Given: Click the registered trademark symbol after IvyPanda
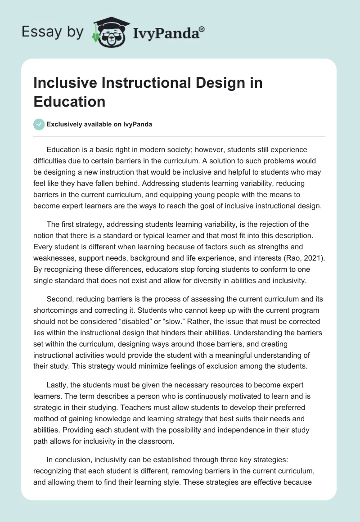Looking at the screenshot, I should tap(202, 29).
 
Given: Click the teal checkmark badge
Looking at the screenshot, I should tap(40, 124).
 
